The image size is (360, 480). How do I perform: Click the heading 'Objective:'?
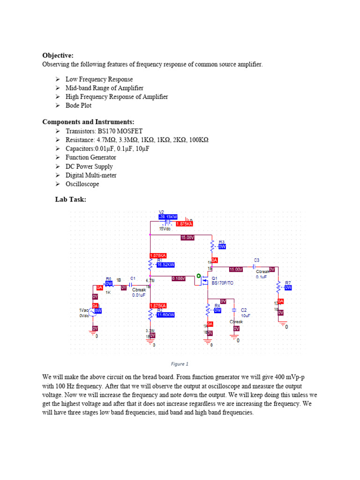coord(58,55)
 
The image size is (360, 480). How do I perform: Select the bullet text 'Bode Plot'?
coord(78,105)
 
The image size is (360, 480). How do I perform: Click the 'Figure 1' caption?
coord(180,364)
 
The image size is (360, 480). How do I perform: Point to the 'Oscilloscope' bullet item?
coord(82,184)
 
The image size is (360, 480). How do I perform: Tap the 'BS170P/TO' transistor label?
coord(223,283)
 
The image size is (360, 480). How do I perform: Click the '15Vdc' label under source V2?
coord(165,228)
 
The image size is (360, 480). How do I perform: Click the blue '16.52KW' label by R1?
coord(165,265)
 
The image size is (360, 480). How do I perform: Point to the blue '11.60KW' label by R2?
coord(165,315)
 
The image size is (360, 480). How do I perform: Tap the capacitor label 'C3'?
coord(256,260)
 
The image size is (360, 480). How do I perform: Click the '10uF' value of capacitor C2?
coord(246,315)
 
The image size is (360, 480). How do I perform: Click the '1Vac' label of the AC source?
coord(84,310)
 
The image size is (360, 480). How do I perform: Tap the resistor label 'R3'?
coord(222,242)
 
